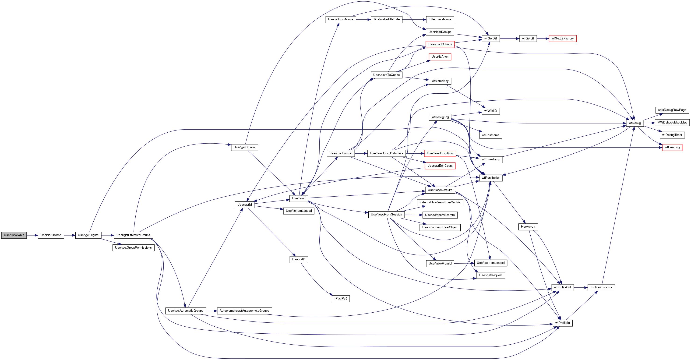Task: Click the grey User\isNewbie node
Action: (14, 235)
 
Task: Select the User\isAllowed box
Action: (51, 235)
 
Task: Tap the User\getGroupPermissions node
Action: (133, 248)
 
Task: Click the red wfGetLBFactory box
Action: (563, 39)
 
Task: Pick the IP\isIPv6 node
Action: (341, 299)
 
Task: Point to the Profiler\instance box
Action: (601, 288)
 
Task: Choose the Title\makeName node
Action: (440, 20)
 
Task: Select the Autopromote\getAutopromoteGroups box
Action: (244, 311)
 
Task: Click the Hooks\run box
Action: (528, 227)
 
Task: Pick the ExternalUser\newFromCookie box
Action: (440, 203)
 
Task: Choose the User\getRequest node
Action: (491, 275)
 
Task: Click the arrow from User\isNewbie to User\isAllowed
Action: (32, 235)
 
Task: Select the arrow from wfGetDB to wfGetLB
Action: (510, 39)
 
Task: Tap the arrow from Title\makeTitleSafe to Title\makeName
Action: (414, 20)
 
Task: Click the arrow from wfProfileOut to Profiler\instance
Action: (581, 288)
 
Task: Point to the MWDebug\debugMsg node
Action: (672, 123)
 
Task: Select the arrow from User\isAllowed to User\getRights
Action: (70, 235)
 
